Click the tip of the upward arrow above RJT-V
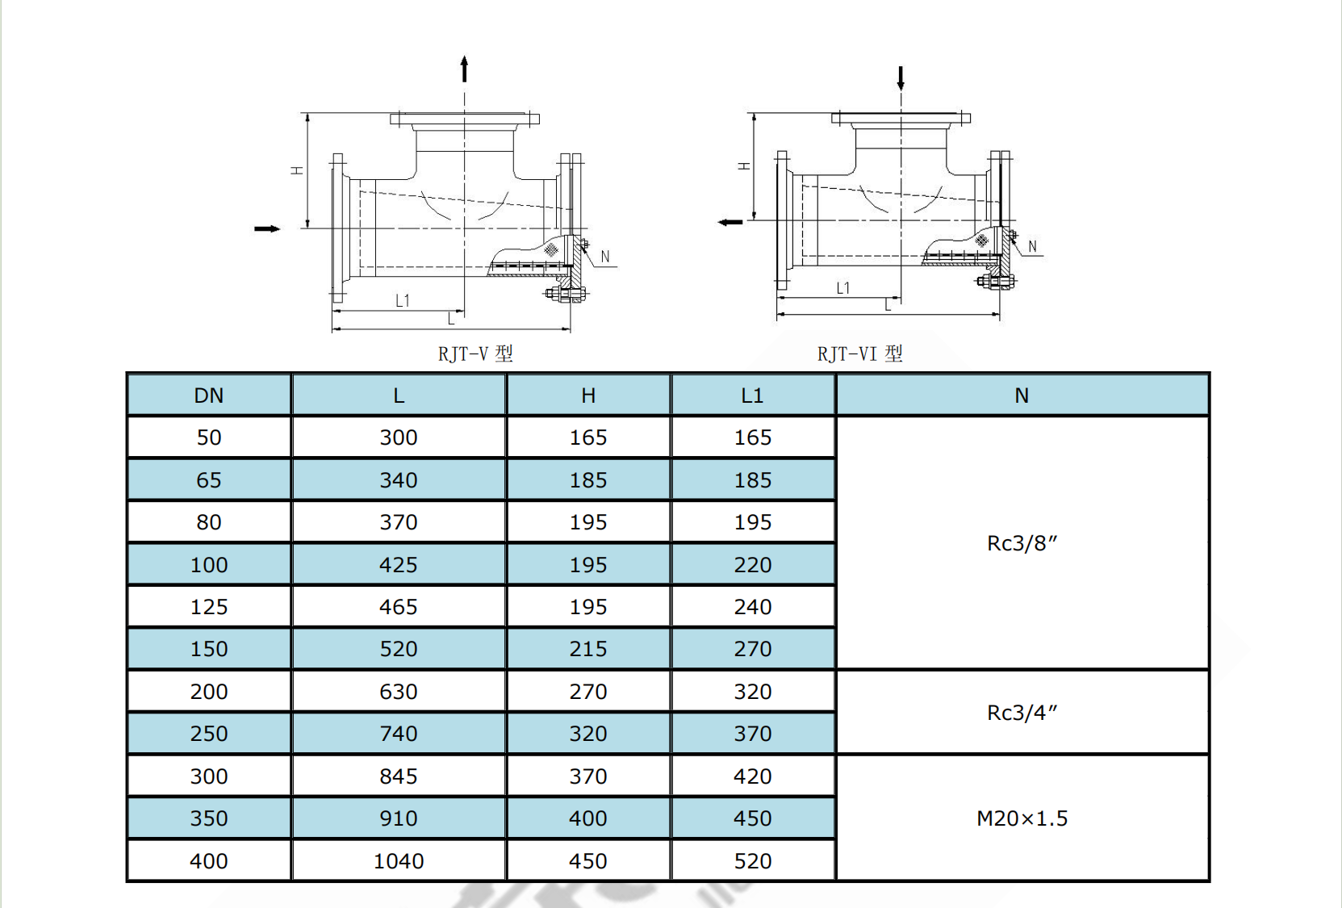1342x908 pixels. tap(464, 56)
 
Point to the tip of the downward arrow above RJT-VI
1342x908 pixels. tap(901, 91)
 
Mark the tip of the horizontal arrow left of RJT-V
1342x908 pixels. tap(280, 228)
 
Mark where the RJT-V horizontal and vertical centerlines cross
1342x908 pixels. tap(464, 228)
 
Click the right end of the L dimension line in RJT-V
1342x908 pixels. tap(571, 328)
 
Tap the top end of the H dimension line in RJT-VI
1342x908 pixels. tap(754, 114)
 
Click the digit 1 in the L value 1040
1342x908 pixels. tap(378, 861)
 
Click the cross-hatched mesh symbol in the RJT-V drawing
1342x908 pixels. tap(550, 249)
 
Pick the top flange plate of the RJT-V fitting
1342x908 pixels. tap(464, 119)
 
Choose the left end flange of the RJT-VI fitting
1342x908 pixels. tap(781, 220)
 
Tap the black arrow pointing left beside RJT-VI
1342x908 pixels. tap(730, 222)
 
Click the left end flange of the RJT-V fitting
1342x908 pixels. tap(338, 228)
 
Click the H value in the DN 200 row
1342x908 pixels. tap(588, 692)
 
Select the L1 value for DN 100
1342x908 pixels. tap(753, 565)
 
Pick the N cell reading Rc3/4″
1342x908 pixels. tap(1022, 713)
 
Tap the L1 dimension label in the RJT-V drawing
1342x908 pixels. tap(403, 300)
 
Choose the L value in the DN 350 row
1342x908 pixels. tap(399, 818)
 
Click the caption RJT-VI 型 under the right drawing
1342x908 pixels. tap(859, 354)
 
